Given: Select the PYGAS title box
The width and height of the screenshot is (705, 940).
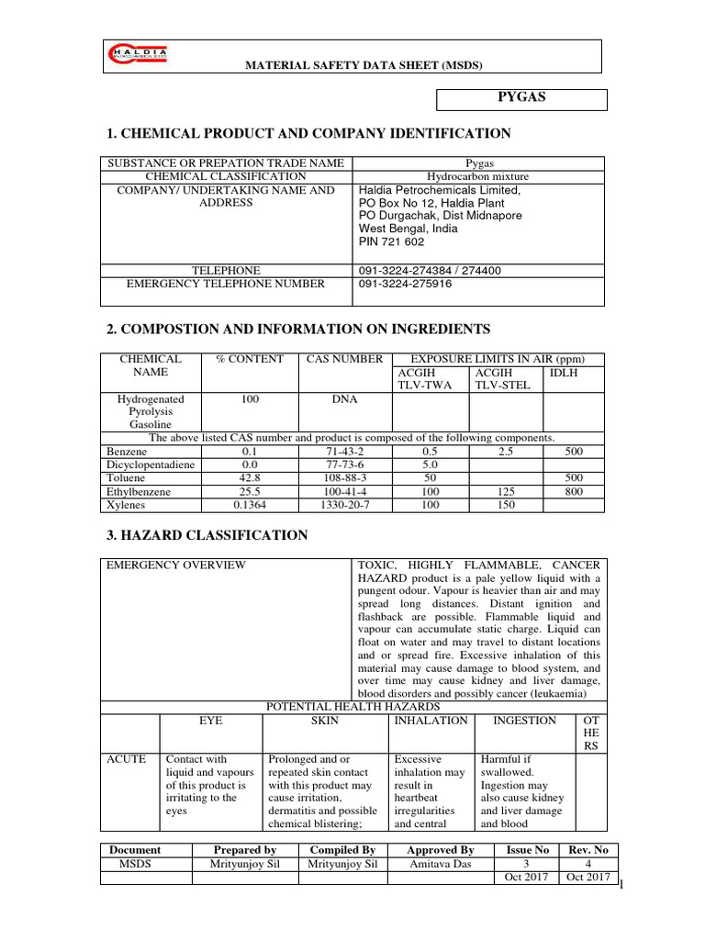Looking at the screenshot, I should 520,98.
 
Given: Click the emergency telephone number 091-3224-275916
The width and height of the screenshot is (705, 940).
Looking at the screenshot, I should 405,284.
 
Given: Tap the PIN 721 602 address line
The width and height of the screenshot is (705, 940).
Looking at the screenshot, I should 391,241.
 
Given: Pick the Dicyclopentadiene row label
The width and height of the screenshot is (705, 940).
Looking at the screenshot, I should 151,465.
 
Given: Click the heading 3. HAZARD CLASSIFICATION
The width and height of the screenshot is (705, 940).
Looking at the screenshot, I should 207,535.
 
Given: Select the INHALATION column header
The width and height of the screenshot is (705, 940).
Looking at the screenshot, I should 431,721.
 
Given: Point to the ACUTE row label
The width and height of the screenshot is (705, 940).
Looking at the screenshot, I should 127,759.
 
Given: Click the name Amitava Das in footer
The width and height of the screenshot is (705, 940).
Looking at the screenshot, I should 441,864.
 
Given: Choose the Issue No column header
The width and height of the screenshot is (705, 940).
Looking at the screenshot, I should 528,850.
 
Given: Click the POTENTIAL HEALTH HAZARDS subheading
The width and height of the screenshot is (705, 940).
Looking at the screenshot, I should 353,706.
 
